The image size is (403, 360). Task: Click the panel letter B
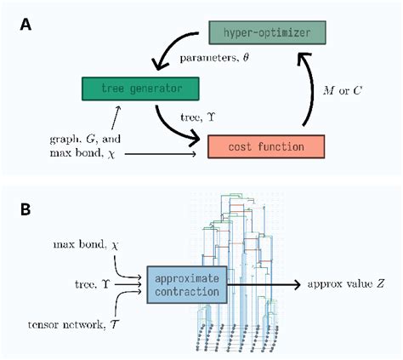click(x=27, y=209)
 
